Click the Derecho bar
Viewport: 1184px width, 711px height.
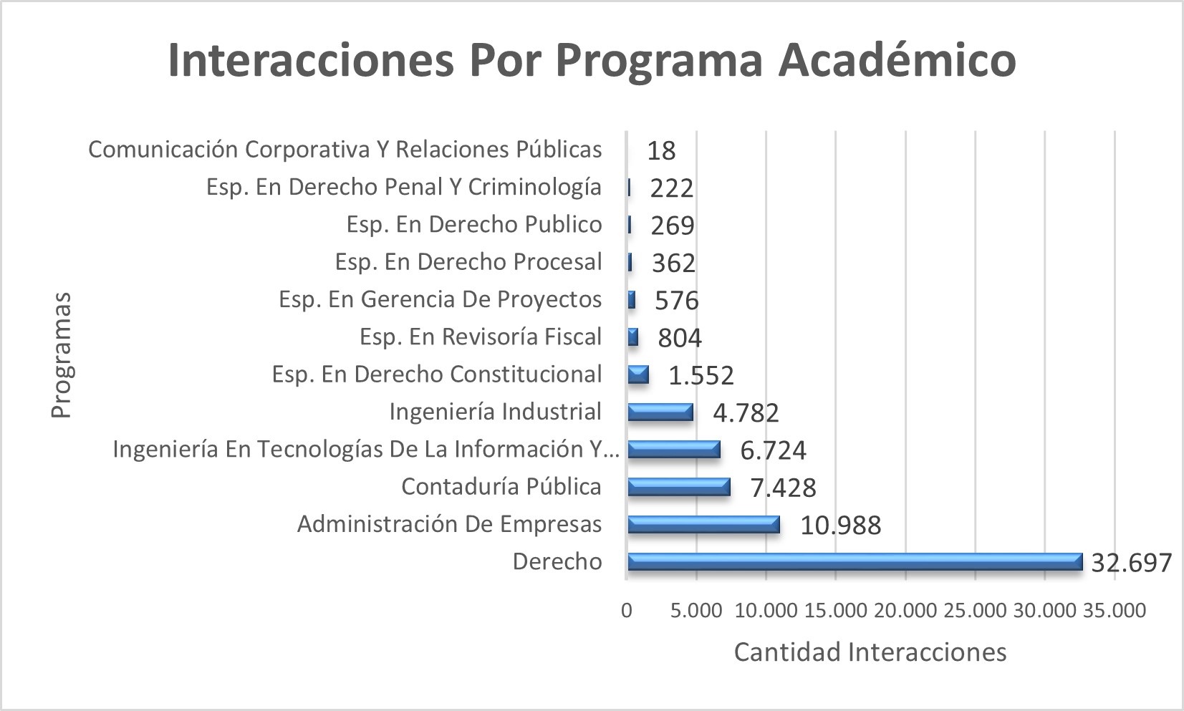coord(854,562)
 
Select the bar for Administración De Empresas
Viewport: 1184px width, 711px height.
coord(703,525)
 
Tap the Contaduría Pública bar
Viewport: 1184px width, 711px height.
coord(678,487)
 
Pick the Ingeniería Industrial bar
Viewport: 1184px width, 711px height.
coord(660,412)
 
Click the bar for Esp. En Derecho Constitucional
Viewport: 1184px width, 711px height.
coord(637,374)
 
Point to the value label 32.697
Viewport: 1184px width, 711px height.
coord(1131,563)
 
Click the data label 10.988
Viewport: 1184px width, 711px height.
coord(840,526)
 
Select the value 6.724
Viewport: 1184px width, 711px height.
coord(773,450)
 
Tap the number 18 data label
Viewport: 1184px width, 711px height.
coord(660,151)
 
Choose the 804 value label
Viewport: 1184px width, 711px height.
coord(679,338)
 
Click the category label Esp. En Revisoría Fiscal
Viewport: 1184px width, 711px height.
coord(480,337)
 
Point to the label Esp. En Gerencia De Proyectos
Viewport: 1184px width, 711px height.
coord(440,299)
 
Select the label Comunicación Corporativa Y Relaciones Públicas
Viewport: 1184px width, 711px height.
coord(345,150)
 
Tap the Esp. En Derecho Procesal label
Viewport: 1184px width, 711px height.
coord(468,262)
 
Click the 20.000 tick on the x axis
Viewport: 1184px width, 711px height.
coord(905,611)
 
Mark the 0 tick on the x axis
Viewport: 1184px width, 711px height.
coord(627,611)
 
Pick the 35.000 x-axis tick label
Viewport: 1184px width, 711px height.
coord(1115,611)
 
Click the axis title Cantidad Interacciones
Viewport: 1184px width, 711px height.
coord(870,652)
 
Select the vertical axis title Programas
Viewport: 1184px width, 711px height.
coord(62,354)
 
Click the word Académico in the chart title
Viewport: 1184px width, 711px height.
coord(897,60)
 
